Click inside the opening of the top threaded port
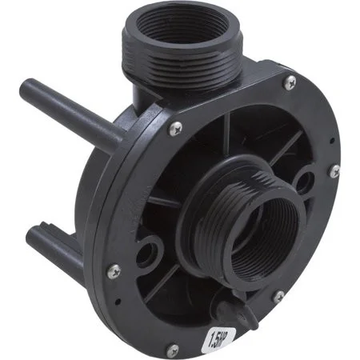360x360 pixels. [x=182, y=26]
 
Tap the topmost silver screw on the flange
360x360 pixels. [x=290, y=82]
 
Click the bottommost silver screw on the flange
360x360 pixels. [x=173, y=350]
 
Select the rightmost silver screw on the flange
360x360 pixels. [x=335, y=170]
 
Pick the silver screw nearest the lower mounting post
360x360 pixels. [x=114, y=271]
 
